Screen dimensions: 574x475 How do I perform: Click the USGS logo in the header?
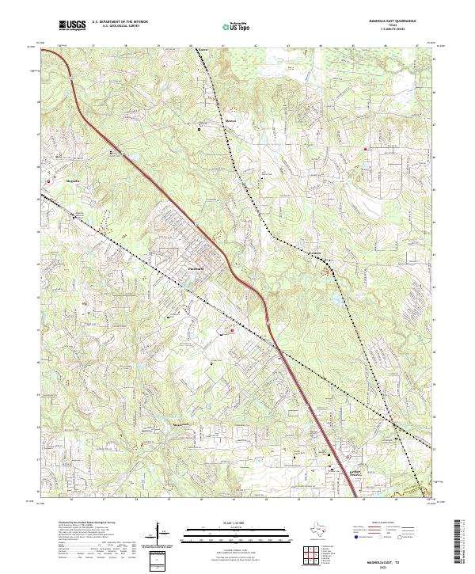72,25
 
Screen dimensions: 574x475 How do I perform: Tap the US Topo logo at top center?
235,27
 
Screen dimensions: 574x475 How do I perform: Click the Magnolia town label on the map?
74,182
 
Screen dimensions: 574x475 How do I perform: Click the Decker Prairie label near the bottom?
338,471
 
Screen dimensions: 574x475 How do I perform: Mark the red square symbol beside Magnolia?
50,181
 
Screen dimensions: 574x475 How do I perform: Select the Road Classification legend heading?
396,523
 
